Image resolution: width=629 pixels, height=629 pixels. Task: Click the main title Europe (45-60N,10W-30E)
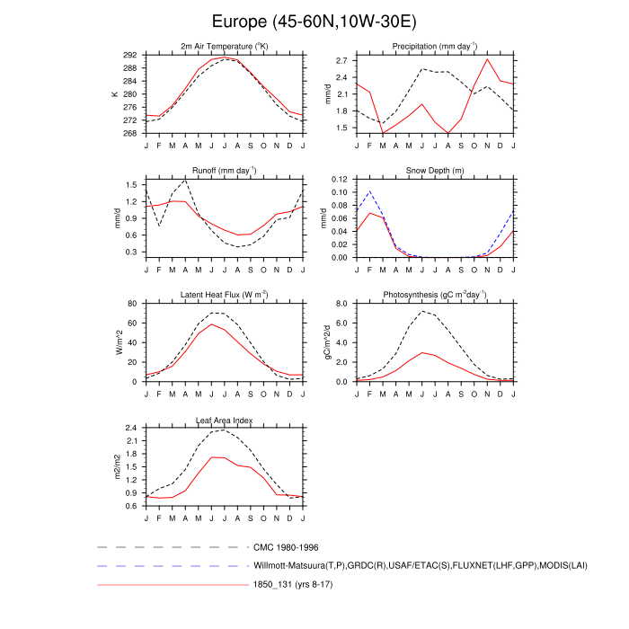[x=314, y=20]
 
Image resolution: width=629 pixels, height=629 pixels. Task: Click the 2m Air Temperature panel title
[x=225, y=46]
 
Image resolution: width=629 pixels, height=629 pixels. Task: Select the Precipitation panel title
[x=434, y=46]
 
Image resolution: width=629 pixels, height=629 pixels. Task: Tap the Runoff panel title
[x=225, y=169]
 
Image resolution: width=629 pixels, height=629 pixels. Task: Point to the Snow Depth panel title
[x=435, y=169]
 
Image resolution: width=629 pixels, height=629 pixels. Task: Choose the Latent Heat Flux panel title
[x=225, y=295]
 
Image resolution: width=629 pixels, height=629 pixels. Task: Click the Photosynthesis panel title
[x=435, y=295]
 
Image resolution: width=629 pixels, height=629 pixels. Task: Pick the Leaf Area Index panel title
[x=225, y=420]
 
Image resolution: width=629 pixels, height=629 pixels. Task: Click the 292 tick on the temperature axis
[x=129, y=55]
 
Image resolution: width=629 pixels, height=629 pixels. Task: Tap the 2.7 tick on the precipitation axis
[x=340, y=60]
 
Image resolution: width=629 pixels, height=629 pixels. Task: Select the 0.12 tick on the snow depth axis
[x=338, y=180]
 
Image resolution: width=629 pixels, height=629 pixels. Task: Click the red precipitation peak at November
[x=487, y=59]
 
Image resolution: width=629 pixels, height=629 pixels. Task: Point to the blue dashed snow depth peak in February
[x=369, y=191]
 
